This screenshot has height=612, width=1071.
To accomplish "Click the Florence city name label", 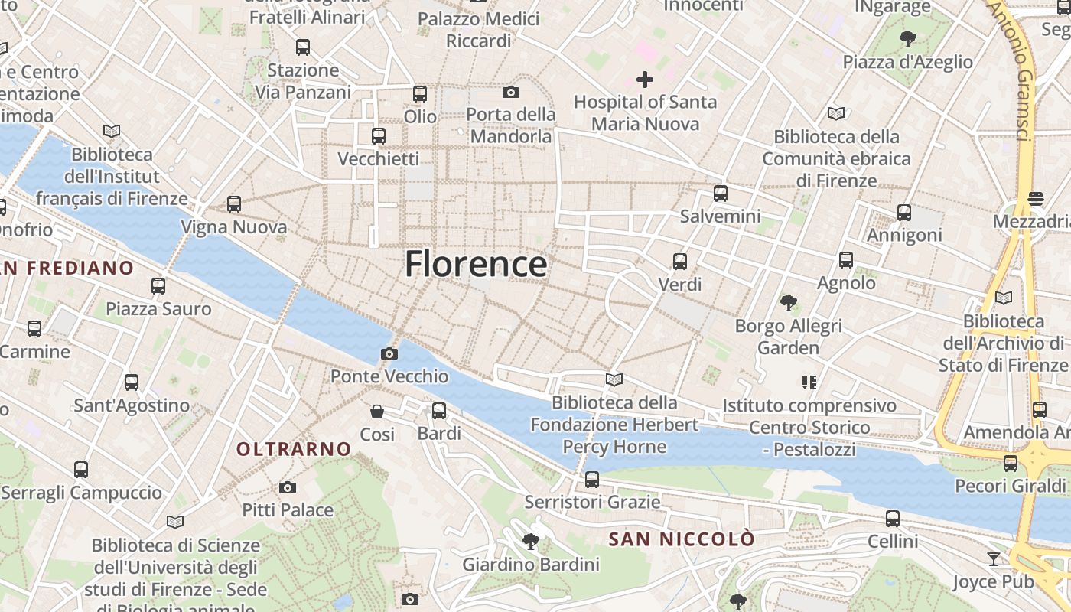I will [476, 264].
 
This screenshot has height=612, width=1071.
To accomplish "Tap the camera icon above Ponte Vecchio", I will [389, 353].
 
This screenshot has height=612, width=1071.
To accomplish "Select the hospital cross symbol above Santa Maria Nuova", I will [645, 80].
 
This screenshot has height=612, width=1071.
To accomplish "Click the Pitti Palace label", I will [288, 509].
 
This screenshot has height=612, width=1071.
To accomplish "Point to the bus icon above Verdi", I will [680, 262].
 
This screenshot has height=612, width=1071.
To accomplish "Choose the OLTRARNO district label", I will [294, 449].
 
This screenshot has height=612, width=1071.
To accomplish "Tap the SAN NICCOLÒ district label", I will [682, 539].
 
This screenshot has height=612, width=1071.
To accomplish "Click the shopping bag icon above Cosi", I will [377, 412].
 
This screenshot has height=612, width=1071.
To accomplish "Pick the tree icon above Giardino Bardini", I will [530, 542].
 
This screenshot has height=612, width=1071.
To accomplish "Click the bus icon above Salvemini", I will [720, 194].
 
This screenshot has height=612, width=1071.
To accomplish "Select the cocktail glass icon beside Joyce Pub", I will [993, 559].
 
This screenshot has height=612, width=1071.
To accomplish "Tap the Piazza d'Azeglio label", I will [908, 62].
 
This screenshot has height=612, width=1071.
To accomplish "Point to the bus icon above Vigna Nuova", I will [234, 204].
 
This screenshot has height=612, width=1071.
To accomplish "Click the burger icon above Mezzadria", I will [1036, 199].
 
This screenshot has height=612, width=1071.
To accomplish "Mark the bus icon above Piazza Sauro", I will [158, 286].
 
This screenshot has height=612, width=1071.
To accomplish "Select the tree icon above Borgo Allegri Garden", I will [788, 303].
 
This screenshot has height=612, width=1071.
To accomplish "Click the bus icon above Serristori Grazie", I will [592, 480].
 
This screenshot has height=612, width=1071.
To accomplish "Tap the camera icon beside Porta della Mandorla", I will [511, 93].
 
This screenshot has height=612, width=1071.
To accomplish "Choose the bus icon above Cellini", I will [893, 519].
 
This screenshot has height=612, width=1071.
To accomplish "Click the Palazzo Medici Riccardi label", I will [479, 29].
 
